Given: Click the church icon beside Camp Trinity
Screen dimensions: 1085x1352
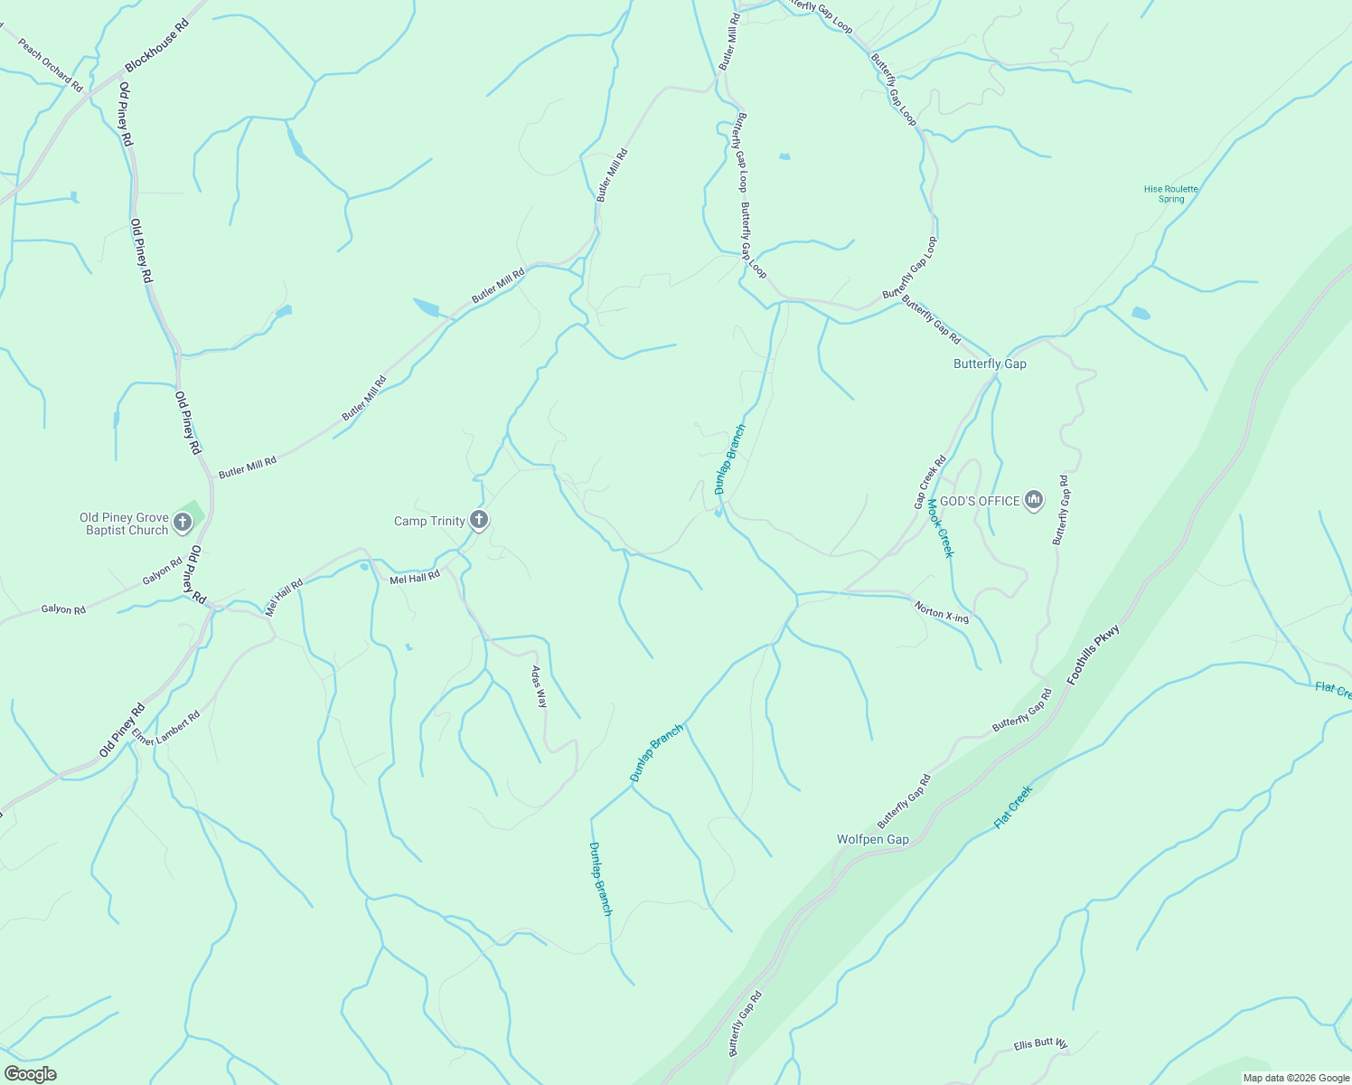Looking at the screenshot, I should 480,520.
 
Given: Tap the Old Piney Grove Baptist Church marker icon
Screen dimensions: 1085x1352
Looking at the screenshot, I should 183,522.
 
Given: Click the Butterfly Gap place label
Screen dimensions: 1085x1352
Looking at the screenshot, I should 990,363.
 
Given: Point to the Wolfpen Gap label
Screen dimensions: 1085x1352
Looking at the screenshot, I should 872,839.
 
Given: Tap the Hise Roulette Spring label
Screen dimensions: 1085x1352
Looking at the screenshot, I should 1170,193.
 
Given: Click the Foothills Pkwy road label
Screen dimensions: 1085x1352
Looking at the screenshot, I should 1094,654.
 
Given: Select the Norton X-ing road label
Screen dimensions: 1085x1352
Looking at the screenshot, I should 941,612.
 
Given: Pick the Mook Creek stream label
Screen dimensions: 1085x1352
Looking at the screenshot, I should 941,528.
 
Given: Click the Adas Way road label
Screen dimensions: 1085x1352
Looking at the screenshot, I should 540,687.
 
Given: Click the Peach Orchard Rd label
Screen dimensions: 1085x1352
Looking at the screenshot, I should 51,65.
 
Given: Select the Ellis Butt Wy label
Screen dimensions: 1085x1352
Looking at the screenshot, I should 1040,1044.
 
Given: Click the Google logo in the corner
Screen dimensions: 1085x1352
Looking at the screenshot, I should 30,1073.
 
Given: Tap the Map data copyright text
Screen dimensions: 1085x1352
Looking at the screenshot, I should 1295,1078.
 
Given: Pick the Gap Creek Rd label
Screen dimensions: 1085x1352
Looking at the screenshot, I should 930,481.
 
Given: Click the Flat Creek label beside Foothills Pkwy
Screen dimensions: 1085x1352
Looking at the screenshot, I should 1013,807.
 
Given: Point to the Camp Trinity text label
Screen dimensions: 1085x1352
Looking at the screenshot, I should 429,521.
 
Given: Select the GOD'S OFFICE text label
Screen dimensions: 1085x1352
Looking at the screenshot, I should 980,501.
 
